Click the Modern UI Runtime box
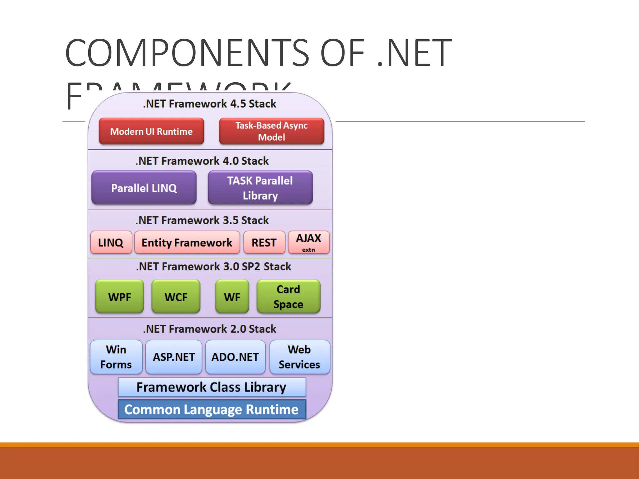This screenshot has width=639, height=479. (151, 131)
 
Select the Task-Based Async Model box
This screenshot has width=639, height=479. (271, 131)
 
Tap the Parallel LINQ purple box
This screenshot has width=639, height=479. (144, 188)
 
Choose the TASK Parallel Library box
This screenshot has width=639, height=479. (260, 188)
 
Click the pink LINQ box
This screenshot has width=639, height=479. (111, 242)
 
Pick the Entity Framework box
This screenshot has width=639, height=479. (187, 242)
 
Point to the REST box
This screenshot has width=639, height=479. (264, 242)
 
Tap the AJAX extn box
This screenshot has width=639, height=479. (309, 242)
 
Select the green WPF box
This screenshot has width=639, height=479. (120, 297)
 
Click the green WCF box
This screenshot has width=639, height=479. (176, 297)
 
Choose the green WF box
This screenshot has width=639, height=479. (232, 297)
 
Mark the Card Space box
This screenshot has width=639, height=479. (288, 297)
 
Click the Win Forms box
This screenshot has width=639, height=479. (116, 357)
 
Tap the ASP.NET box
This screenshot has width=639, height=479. (174, 357)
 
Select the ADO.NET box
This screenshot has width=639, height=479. (235, 357)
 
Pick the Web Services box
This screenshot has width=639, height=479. (300, 357)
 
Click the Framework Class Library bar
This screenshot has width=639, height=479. (212, 387)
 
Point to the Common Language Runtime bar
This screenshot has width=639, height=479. (212, 409)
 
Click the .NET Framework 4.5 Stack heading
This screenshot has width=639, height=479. (210, 104)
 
